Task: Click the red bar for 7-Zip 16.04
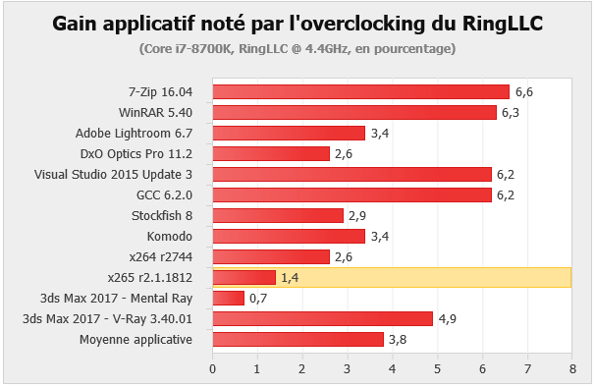[361, 92]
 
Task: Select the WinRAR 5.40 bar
[354, 112]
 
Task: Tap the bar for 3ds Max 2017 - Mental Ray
[229, 298]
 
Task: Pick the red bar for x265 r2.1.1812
[244, 278]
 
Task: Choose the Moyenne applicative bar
[298, 340]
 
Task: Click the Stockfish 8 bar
[278, 216]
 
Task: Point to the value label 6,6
[524, 92]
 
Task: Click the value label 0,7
[258, 299]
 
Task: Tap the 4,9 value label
[448, 319]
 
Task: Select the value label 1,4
[290, 278]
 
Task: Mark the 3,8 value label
[398, 340]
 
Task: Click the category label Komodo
[170, 237]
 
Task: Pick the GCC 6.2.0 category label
[164, 195]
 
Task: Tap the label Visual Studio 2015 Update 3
[113, 175]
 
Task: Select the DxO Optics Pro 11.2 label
[136, 154]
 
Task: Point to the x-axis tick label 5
[438, 369]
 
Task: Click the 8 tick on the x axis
[572, 369]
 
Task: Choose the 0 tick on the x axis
[212, 369]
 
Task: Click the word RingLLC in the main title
[503, 24]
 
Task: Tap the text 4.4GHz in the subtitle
[328, 49]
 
